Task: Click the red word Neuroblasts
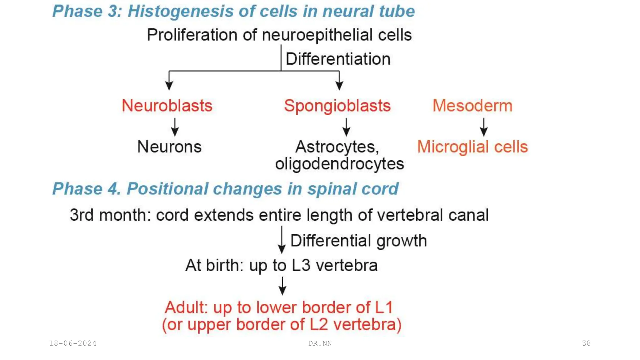point(167,106)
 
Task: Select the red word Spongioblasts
point(337,106)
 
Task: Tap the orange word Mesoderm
point(472,106)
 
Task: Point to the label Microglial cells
point(472,147)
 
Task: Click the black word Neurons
point(169,147)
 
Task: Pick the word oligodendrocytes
point(339,164)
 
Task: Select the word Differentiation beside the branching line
point(338,59)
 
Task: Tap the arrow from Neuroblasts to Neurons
point(175,127)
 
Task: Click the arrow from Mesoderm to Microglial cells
point(484,127)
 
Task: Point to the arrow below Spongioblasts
point(346,127)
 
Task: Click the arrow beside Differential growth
point(282,240)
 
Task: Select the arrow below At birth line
point(282,286)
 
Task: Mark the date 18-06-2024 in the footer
point(72,343)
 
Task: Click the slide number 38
point(586,343)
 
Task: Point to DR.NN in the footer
point(320,343)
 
